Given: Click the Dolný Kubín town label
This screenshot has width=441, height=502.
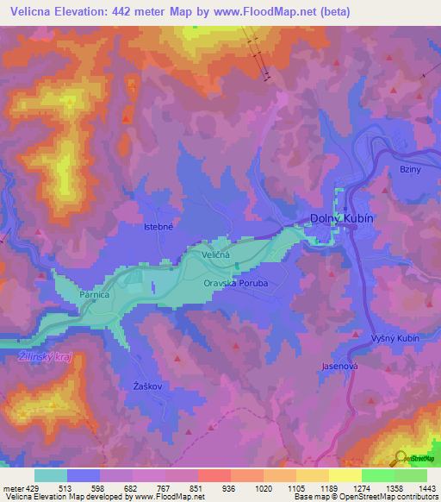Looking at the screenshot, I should tap(341, 219).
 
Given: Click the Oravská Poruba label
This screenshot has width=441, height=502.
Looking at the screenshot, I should tap(235, 282).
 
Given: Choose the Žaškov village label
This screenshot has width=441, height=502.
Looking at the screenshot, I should tap(147, 385).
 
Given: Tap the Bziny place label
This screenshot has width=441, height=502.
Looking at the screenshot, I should tap(409, 170).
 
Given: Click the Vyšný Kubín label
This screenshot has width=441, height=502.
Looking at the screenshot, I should tap(394, 338).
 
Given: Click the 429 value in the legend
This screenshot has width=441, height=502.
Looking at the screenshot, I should tap(33, 488).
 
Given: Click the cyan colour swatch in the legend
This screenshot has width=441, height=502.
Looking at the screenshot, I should tap(51, 475).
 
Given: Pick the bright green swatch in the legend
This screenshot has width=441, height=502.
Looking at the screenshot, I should tap(378, 475).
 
